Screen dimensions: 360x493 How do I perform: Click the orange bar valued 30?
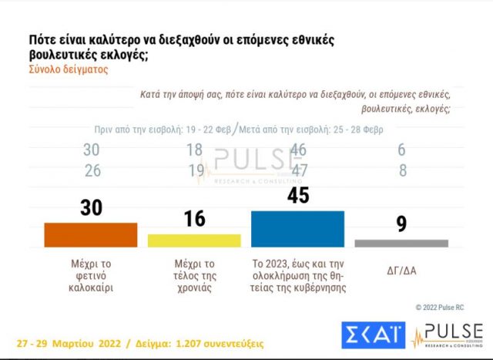(x=91, y=234)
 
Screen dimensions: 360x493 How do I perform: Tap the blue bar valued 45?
(x=297, y=228)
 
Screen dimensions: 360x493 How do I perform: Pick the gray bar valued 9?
(x=401, y=243)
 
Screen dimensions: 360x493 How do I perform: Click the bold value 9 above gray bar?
(x=401, y=224)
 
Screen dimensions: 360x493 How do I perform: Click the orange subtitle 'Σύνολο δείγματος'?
(x=69, y=69)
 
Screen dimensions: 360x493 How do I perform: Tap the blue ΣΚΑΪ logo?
(x=374, y=334)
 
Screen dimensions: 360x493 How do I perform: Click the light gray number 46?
(x=297, y=151)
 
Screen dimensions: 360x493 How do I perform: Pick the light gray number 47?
(x=297, y=171)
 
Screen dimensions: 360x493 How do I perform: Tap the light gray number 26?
(x=92, y=171)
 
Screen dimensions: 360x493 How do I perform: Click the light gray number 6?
(x=401, y=151)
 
